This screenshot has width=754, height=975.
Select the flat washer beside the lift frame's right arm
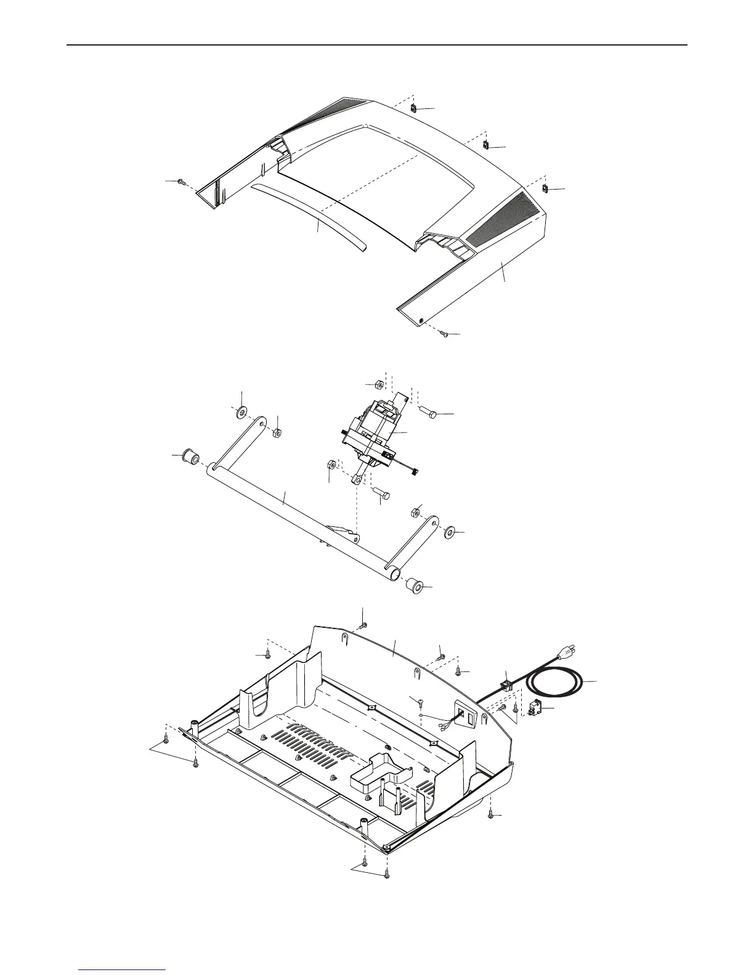[449, 531]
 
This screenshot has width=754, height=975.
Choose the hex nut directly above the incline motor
[379, 385]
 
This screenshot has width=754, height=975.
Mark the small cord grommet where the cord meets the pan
[506, 681]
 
